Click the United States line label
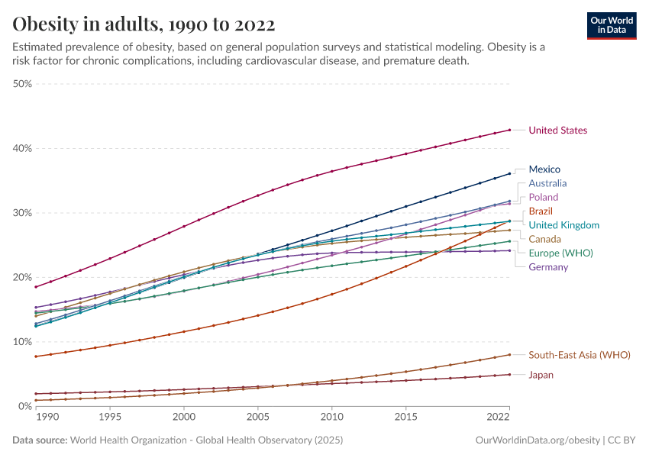[x=557, y=131]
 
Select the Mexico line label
[x=544, y=169]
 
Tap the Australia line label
[x=547, y=183]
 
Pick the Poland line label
[x=544, y=197]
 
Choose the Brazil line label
[x=541, y=211]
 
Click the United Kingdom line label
[x=563, y=225]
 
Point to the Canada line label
[x=544, y=239]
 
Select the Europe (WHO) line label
[x=560, y=253]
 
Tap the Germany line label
[x=548, y=267]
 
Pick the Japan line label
[x=541, y=375]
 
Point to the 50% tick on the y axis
[x=22, y=84]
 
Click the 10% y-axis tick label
[x=22, y=342]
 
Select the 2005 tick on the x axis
[x=257, y=418]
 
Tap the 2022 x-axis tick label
[x=498, y=418]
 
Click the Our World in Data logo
[x=611, y=25]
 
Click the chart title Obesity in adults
[x=144, y=24]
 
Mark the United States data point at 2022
[x=509, y=130]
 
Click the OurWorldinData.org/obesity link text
[x=538, y=440]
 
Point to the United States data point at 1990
[x=36, y=287]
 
